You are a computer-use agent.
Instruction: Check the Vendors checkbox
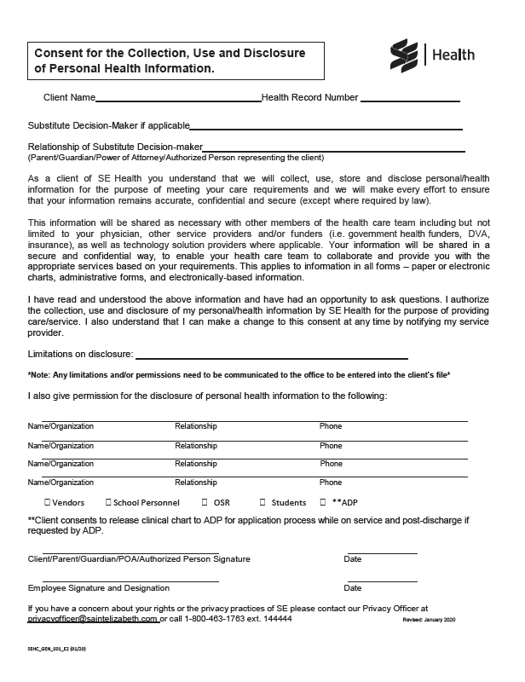(46, 502)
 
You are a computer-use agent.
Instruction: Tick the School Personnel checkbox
(107, 502)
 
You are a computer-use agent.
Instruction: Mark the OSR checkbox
(205, 502)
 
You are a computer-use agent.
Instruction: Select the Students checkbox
(262, 502)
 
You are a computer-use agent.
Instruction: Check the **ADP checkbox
(323, 502)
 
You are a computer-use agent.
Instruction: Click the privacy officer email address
(93, 619)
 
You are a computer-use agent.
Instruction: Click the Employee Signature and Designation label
(98, 588)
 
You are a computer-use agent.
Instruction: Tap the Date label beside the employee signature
(352, 588)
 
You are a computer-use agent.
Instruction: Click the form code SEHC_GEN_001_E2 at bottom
(55, 650)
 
